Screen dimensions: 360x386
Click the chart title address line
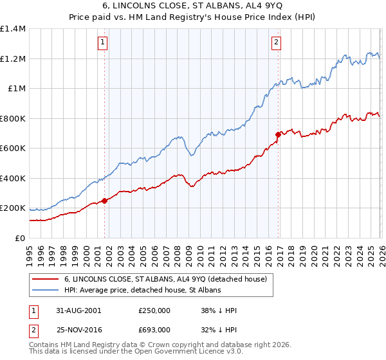(193, 6)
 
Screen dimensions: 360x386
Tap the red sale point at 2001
(105, 201)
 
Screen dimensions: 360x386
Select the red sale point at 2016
(278, 134)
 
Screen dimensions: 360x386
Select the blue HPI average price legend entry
(142, 291)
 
